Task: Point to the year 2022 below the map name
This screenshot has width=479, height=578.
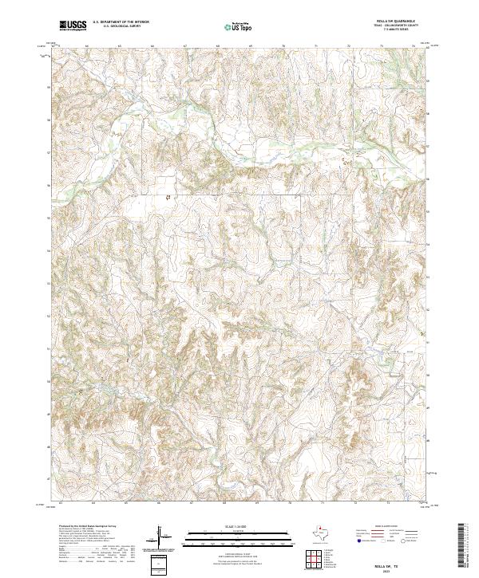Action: [x=399, y=568]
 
